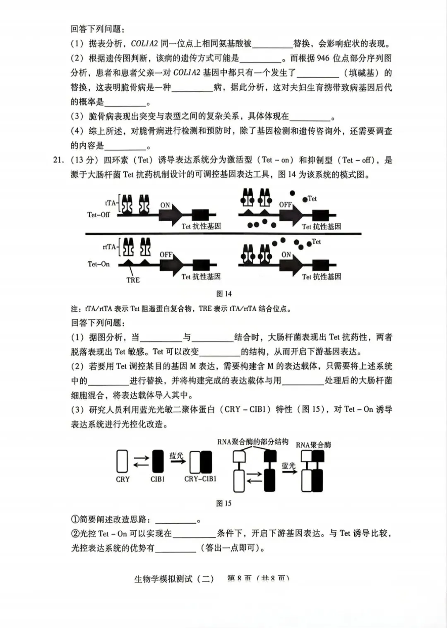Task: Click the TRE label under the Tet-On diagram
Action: [x=133, y=280]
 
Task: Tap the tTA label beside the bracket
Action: [x=110, y=203]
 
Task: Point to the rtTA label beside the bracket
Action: [x=109, y=247]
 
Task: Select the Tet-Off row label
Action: [x=99, y=214]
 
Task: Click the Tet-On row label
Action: [x=99, y=264]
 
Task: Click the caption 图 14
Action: [x=224, y=294]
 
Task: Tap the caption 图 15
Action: [x=224, y=503]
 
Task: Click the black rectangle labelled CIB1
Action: [x=158, y=461]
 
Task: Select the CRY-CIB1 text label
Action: [x=200, y=479]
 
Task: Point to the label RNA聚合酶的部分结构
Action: [x=252, y=442]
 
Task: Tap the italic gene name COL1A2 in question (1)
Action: [x=144, y=43]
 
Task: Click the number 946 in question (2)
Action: [x=323, y=58]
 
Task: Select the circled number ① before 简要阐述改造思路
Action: [x=75, y=519]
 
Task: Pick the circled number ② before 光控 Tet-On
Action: [x=75, y=534]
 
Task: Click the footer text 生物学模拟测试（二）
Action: [x=174, y=579]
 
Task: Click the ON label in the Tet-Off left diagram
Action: [x=165, y=205]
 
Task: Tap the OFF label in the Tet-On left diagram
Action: [x=166, y=255]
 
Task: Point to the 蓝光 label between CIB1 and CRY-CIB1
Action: [x=176, y=455]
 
